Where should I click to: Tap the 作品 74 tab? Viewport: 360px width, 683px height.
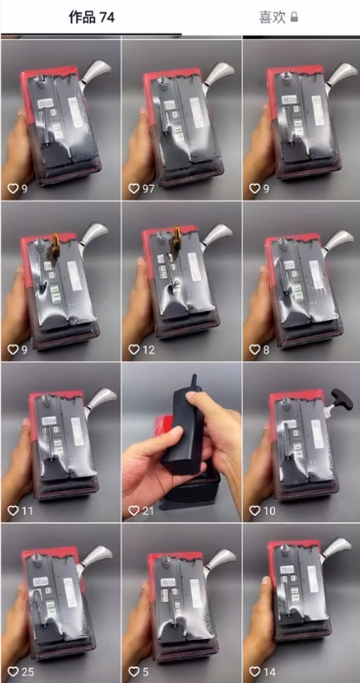tap(91, 18)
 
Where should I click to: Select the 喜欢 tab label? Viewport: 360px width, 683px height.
tap(272, 18)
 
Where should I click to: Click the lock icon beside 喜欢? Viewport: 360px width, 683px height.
tap(294, 18)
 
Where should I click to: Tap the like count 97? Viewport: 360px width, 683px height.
tap(148, 189)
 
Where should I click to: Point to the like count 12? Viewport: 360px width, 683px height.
tap(148, 349)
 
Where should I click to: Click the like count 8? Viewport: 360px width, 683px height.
tap(265, 349)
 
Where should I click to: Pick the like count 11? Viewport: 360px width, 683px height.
tap(27, 511)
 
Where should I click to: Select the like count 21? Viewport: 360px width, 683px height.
tap(148, 511)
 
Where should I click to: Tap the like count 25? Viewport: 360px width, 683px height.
tap(27, 671)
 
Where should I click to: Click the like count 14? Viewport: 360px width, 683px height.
tap(269, 671)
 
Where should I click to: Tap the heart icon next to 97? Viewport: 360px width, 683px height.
tap(134, 189)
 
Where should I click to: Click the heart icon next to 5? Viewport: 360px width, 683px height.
tap(134, 671)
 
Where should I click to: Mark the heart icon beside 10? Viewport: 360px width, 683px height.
tap(254, 511)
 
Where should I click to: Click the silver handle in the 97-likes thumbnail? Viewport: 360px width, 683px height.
tap(217, 72)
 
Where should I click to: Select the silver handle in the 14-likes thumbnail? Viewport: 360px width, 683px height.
tap(336, 548)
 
